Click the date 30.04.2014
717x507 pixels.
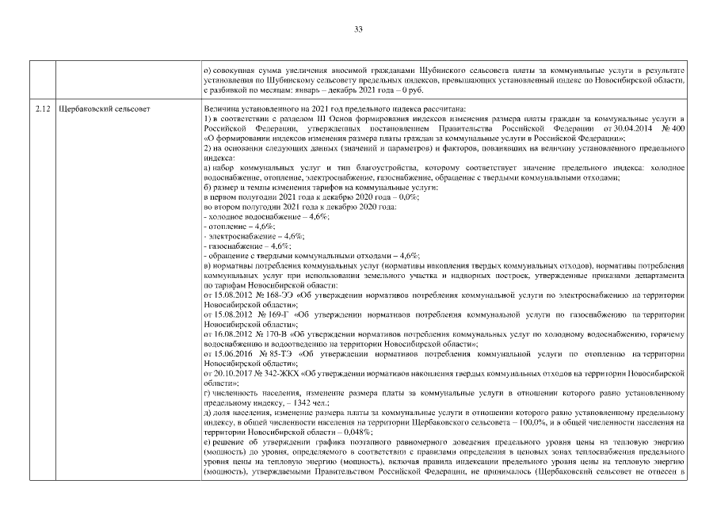tap(626, 128)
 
